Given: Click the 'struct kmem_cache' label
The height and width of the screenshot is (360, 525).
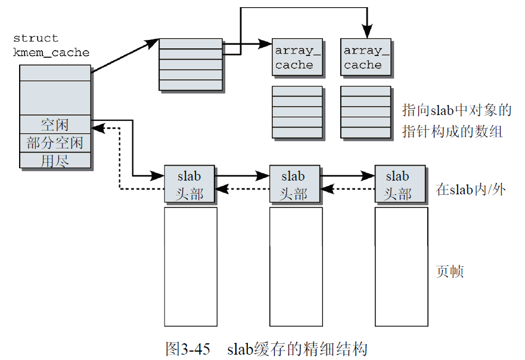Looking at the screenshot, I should [51, 45].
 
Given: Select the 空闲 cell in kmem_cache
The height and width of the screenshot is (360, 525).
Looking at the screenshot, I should [55, 125].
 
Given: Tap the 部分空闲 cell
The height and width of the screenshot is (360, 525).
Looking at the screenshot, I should [55, 143].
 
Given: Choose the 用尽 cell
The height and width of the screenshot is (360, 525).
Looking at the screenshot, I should [55, 160].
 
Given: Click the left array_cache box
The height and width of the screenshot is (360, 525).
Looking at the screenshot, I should [298, 57].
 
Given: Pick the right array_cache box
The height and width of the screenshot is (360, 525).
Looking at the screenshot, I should [366, 57].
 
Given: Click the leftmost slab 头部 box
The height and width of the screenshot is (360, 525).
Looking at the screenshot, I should [190, 184].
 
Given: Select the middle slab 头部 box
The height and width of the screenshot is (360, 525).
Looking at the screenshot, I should [295, 184].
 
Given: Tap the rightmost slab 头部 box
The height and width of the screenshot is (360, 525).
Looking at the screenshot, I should [400, 184].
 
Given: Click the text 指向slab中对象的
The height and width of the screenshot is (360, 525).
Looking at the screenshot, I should [457, 110].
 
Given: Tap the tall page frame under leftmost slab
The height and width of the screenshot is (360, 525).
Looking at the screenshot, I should [190, 266].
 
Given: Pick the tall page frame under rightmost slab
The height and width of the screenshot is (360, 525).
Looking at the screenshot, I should [401, 266].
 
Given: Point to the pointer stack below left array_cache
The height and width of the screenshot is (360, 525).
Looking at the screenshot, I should [297, 113].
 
